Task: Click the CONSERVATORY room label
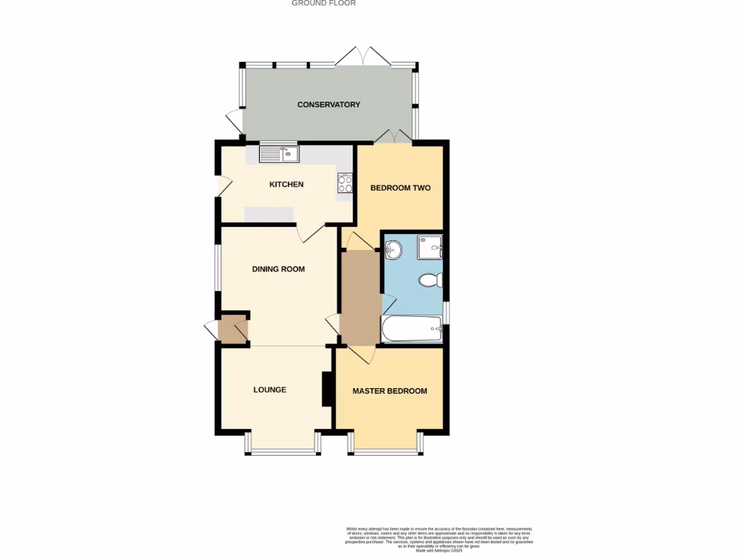click(x=329, y=104)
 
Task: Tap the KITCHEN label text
click(x=286, y=184)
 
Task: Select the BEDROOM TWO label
click(x=400, y=188)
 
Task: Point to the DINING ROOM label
click(x=279, y=269)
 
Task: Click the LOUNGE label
click(x=270, y=390)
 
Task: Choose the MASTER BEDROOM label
click(x=389, y=391)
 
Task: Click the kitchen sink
click(x=279, y=153)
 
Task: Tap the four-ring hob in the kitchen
click(x=345, y=183)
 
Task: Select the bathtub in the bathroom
click(x=412, y=330)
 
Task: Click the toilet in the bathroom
click(x=432, y=280)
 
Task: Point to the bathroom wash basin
click(x=393, y=250)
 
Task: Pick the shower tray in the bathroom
click(x=430, y=247)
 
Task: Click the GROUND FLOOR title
click(x=323, y=4)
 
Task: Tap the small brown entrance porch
click(x=232, y=329)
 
